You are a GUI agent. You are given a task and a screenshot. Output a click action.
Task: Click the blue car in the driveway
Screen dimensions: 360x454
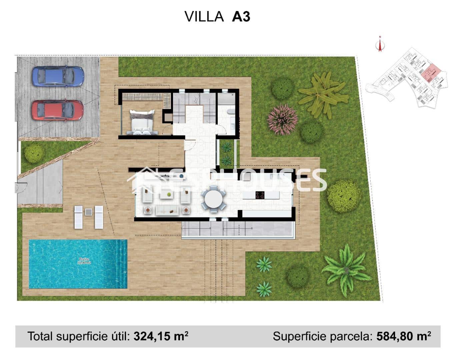click(58, 76)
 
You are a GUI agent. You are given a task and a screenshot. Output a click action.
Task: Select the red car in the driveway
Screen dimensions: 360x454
click(57, 110)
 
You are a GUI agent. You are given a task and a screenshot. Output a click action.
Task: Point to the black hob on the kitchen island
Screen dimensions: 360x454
click(260, 195)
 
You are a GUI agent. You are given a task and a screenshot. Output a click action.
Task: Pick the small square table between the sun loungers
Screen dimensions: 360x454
click(89, 212)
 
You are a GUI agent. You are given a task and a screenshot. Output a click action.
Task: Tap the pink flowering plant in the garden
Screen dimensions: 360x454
click(282, 119)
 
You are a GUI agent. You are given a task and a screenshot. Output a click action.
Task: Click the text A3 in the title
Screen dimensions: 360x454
click(241, 16)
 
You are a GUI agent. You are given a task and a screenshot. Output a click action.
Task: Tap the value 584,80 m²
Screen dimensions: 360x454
click(403, 336)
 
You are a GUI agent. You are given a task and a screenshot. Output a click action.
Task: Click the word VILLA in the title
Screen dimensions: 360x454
click(204, 16)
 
